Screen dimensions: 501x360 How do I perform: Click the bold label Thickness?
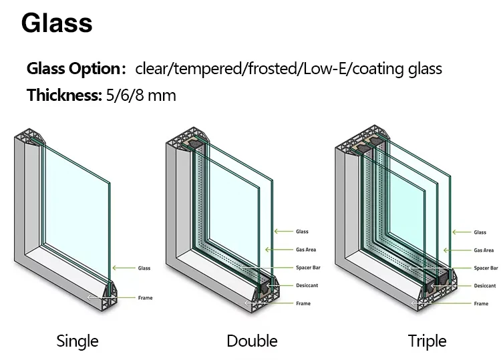tap(63, 95)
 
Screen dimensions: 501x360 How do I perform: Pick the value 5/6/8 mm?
tap(141, 95)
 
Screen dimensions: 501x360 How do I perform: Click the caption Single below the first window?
tap(77, 341)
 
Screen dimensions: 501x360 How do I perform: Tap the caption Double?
tap(252, 341)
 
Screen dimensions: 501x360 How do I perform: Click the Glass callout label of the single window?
tap(144, 268)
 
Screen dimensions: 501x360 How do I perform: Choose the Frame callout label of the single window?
tap(145, 297)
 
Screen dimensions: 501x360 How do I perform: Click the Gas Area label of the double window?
tap(306, 250)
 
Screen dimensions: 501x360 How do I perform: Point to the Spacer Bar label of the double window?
tap(307, 268)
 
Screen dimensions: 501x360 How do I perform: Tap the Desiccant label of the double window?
tap(307, 286)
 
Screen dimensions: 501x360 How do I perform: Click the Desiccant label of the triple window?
tap(484, 286)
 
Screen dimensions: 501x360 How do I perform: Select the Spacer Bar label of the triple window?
tap(486, 268)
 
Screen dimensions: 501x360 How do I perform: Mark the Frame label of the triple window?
tap(481, 304)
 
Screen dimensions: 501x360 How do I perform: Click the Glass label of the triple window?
tap(480, 232)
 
